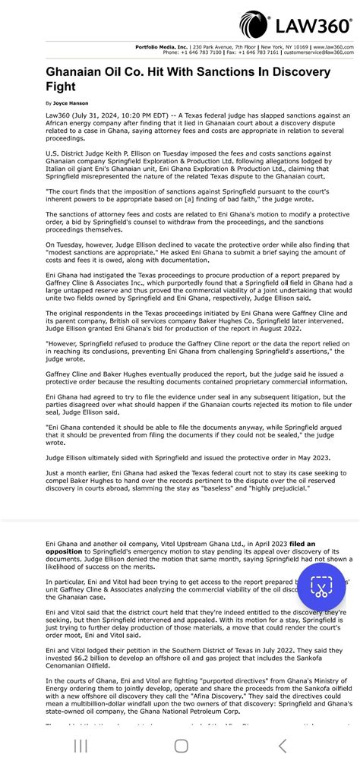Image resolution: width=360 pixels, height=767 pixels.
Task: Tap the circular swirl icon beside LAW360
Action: pos(255,26)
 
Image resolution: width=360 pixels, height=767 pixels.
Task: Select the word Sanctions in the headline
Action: pos(219,72)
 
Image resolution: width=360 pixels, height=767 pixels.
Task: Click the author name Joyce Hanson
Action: pos(71,103)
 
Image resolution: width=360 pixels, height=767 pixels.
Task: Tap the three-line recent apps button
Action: pos(81,746)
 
